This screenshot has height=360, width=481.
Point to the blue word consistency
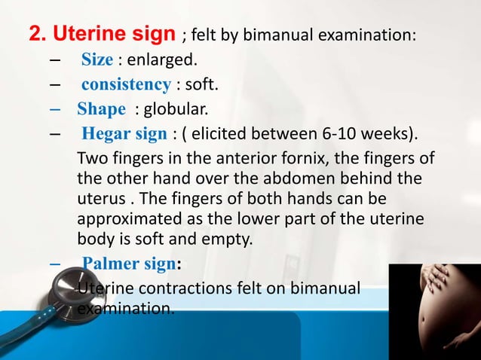click(126, 84)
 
